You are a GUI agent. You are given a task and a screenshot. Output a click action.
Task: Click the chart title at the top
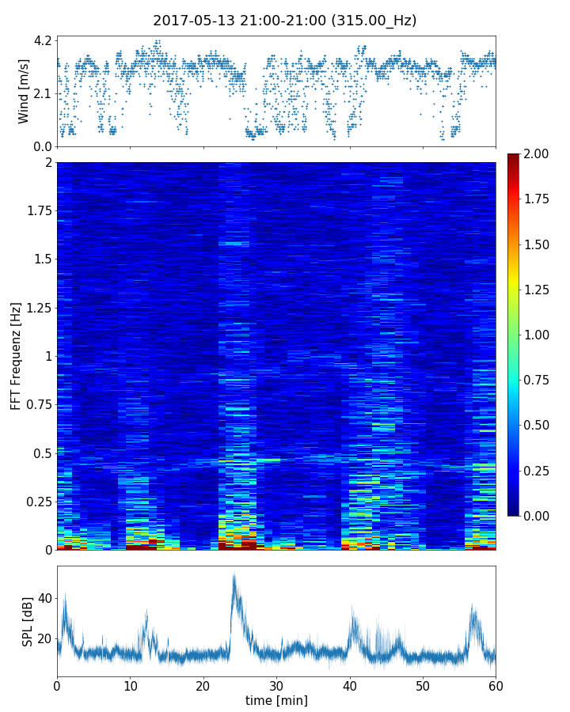(285, 21)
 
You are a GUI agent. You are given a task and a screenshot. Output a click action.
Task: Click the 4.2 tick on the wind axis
(43, 40)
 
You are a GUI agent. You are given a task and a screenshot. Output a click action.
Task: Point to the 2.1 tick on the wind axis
(43, 93)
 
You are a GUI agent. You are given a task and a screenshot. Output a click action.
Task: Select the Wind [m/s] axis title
(24, 91)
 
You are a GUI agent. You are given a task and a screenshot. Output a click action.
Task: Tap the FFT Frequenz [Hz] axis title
(16, 356)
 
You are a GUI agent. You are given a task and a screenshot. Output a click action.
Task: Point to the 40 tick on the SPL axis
(44, 599)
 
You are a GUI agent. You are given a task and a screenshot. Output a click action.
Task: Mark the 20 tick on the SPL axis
(44, 638)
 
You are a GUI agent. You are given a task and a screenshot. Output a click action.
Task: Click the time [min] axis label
(276, 700)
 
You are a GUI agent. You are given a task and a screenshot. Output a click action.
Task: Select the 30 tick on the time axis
(276, 684)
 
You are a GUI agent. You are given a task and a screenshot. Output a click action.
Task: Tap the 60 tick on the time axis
(496, 684)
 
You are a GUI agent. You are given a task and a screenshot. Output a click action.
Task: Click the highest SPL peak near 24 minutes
(234, 576)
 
